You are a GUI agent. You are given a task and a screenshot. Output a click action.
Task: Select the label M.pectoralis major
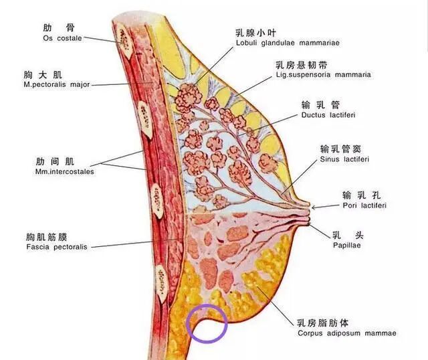tap(56, 85)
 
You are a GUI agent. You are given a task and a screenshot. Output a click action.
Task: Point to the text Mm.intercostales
tap(64, 172)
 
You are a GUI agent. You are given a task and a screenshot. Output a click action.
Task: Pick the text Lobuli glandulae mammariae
tap(288, 43)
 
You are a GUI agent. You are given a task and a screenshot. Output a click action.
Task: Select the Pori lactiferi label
tap(364, 205)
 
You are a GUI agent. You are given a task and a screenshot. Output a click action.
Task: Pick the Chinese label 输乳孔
tap(362, 195)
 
